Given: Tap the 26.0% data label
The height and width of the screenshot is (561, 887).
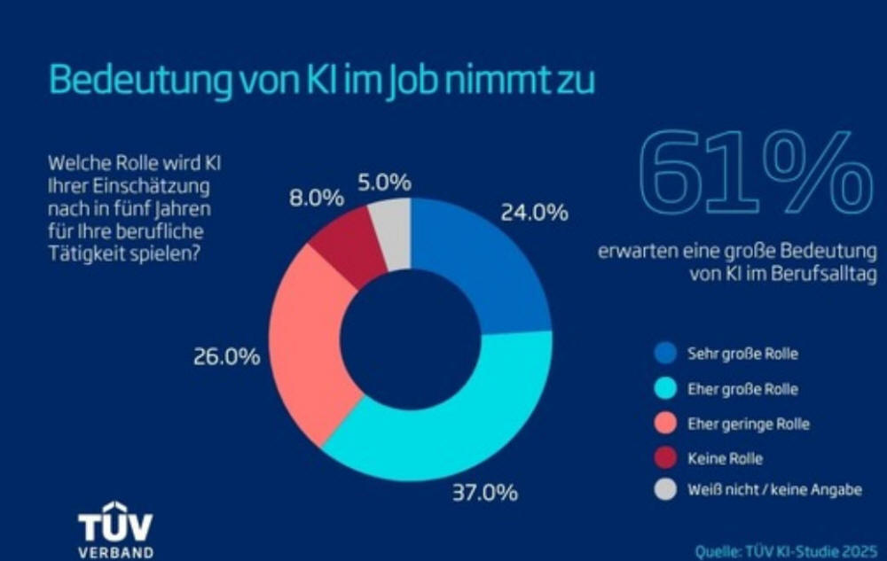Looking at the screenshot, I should click(x=226, y=357).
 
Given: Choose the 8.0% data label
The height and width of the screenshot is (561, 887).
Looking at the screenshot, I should click(x=317, y=198).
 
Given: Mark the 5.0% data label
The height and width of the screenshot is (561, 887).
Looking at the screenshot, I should click(x=385, y=183).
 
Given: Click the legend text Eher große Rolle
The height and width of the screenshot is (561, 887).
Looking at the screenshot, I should click(x=742, y=389).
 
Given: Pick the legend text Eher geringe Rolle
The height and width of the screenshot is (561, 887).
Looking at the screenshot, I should click(x=748, y=424).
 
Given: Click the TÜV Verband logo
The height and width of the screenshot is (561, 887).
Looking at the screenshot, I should click(x=114, y=534).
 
